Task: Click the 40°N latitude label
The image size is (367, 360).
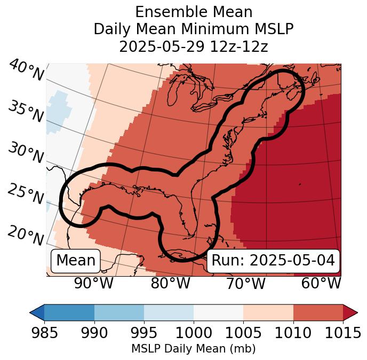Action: (26, 71)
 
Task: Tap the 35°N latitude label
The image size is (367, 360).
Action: (26, 112)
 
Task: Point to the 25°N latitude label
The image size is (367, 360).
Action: (26, 195)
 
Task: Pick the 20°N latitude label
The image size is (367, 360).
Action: (26, 236)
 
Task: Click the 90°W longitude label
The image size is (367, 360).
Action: (93, 284)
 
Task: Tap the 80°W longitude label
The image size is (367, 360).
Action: (170, 284)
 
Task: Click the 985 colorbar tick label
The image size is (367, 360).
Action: (44, 333)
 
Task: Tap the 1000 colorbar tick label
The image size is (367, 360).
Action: (194, 333)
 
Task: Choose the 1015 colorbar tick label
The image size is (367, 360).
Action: (342, 333)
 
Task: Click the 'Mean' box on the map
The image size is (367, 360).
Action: (76, 261)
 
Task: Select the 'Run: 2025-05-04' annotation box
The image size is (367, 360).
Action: (273, 261)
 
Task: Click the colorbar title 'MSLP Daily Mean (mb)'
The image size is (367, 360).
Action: (193, 349)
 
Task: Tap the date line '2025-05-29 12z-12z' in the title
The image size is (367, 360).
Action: (193, 46)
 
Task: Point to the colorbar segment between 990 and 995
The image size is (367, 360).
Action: (119, 312)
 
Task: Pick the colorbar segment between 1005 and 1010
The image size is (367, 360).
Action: (268, 312)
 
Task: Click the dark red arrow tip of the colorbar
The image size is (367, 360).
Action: (351, 312)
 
